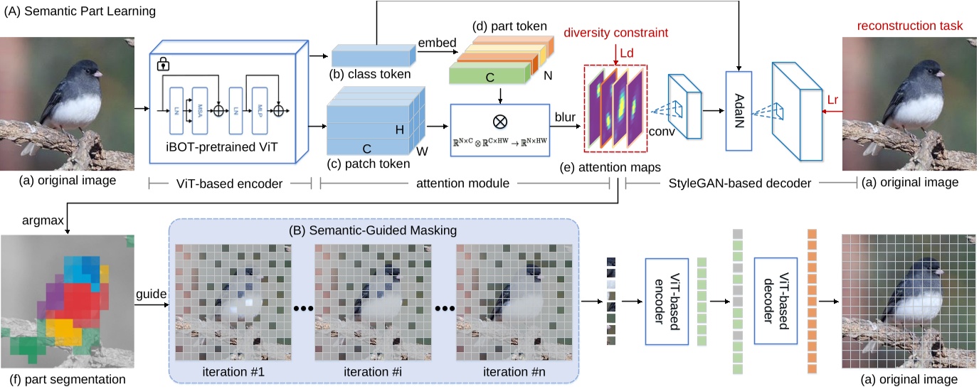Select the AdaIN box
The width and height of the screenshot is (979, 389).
coord(739,110)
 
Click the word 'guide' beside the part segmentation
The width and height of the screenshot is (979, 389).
coord(150,293)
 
